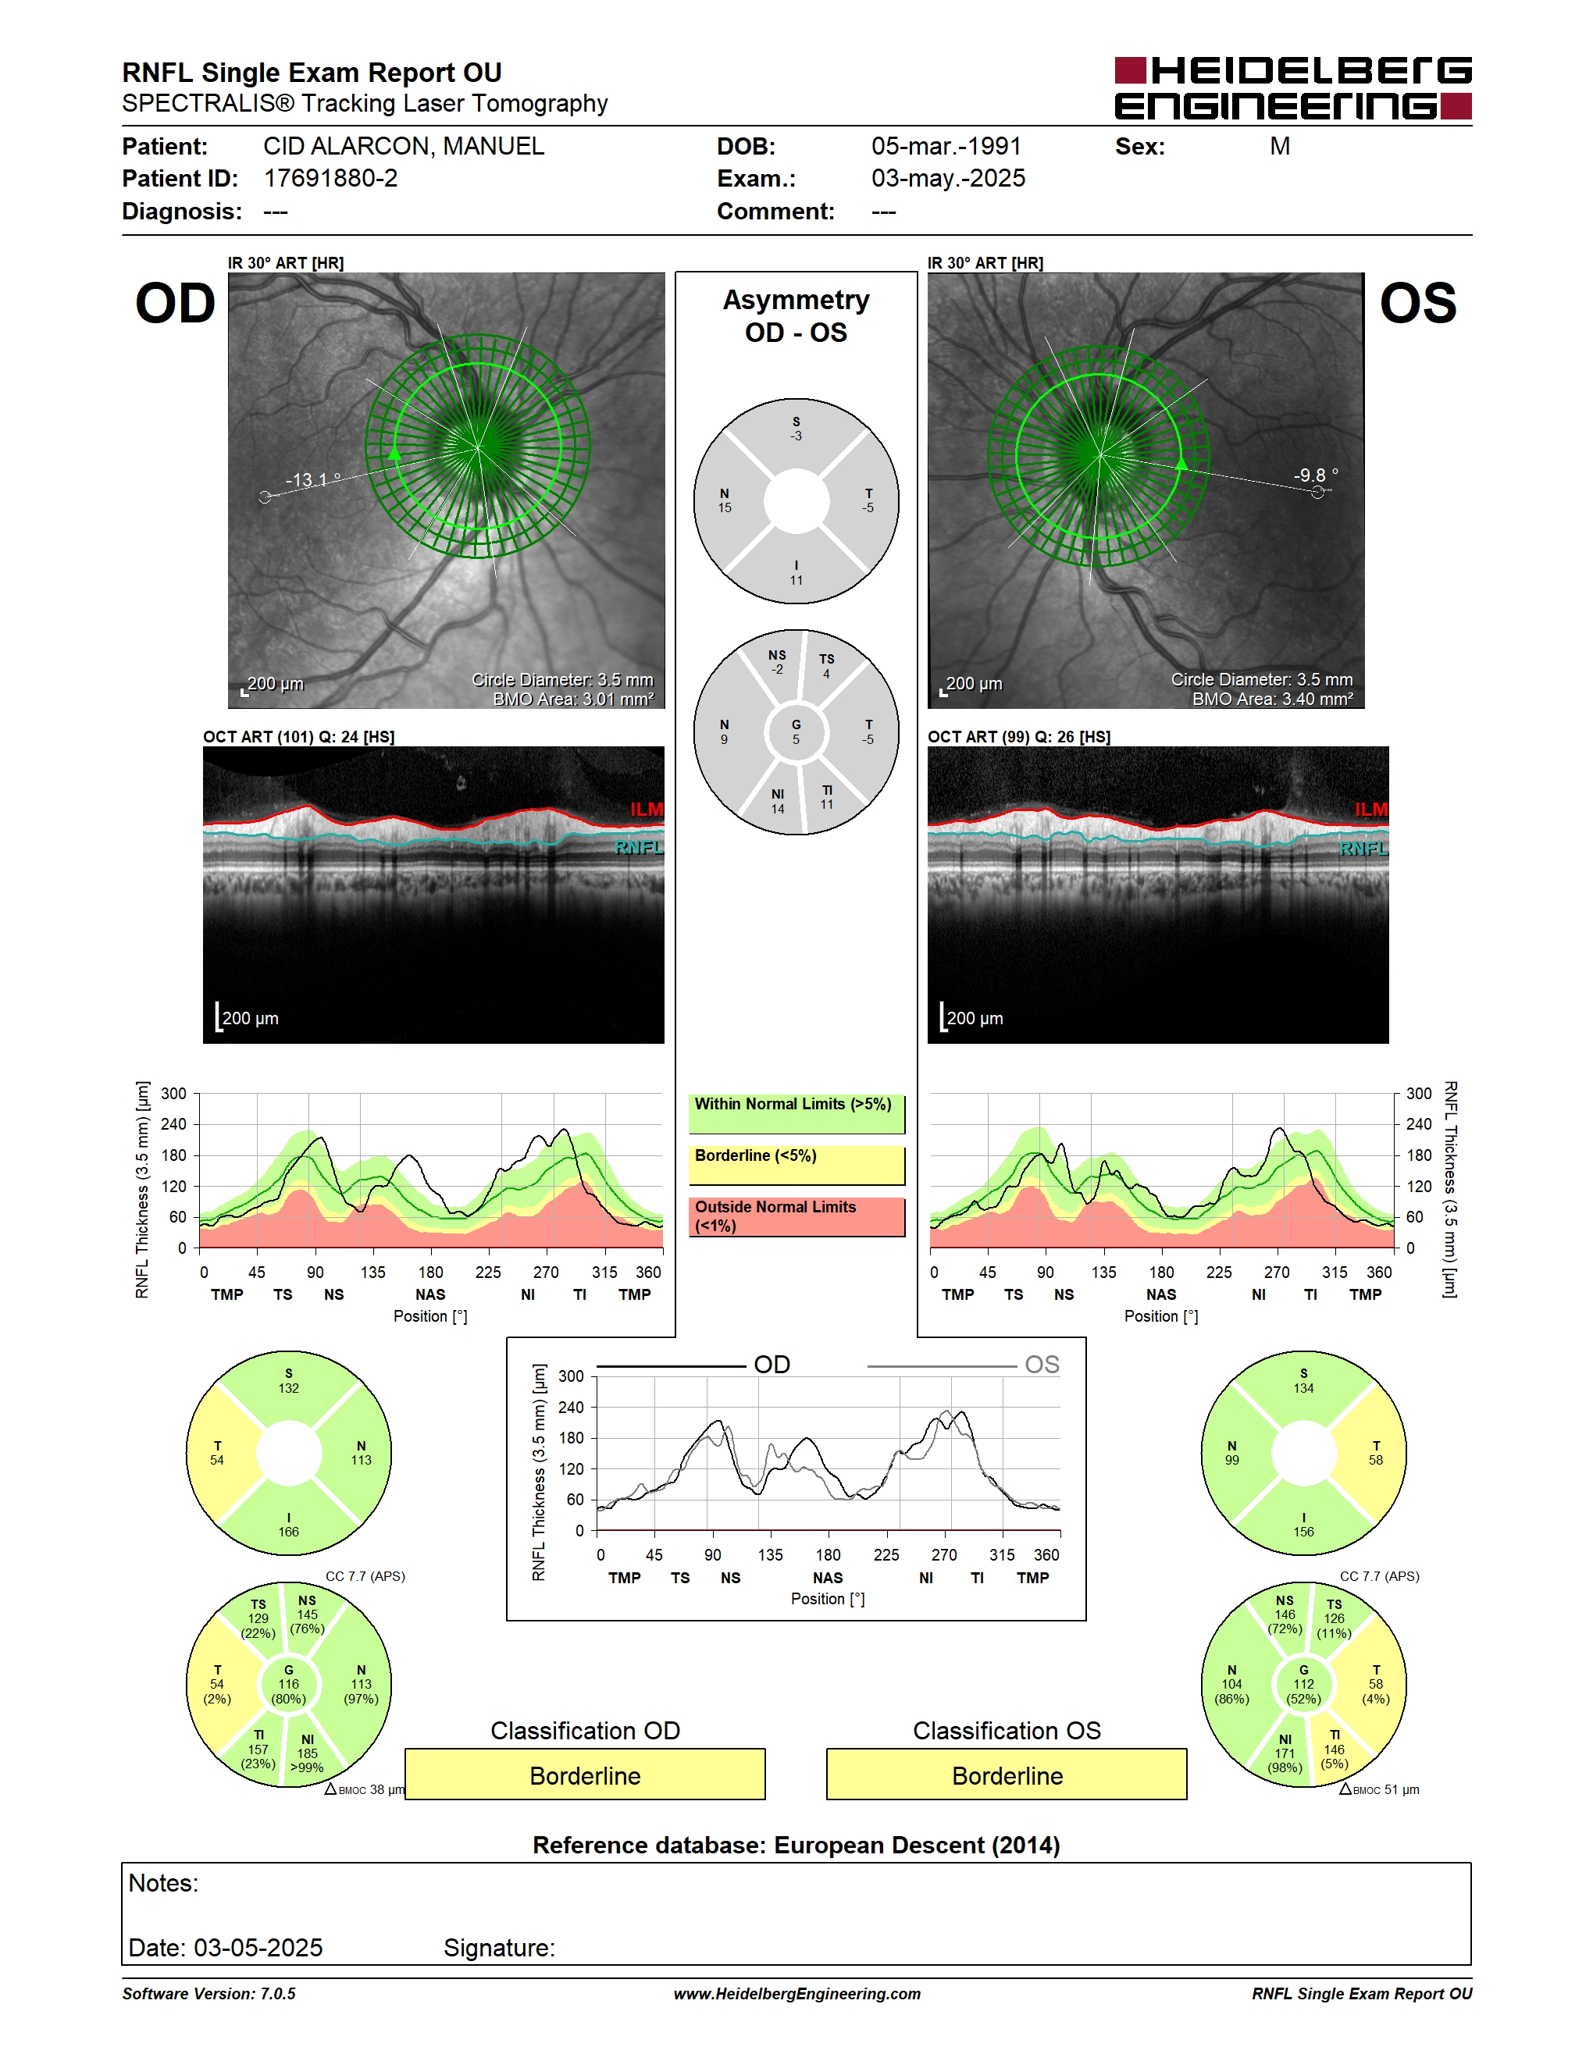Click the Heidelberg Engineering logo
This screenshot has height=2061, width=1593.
pos(1293,87)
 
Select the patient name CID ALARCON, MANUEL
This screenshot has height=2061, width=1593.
pos(404,146)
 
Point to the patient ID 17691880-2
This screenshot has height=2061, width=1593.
pos(330,178)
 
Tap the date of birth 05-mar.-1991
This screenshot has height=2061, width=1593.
pos(946,146)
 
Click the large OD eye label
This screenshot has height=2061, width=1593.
pos(176,303)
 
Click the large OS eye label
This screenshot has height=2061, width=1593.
pos(1417,303)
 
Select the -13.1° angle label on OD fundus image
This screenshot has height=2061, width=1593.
pos(313,479)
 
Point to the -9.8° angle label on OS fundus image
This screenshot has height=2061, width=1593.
pos(1316,475)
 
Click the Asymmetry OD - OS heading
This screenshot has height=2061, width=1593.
pos(796,316)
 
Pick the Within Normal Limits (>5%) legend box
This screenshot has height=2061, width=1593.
pos(796,1113)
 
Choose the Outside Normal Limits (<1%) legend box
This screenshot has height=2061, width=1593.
pos(796,1216)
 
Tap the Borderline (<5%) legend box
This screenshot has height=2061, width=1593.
pos(796,1165)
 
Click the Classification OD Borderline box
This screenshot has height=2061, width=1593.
pos(585,1774)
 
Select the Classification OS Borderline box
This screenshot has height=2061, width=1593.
pos(1007,1774)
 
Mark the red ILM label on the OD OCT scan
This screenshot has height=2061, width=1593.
pos(647,810)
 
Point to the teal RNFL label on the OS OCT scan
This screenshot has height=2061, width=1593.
pos(1363,849)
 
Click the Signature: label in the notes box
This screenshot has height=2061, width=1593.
pos(499,1948)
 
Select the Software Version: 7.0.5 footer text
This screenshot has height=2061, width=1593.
pos(208,1993)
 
